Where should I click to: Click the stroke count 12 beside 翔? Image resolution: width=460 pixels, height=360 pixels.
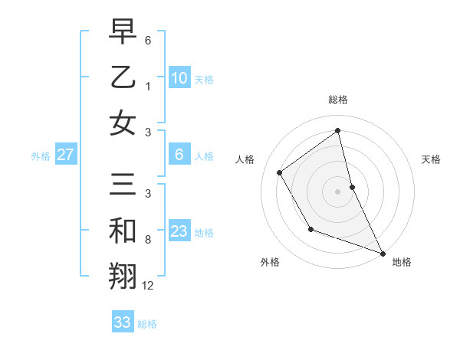tap(148, 286)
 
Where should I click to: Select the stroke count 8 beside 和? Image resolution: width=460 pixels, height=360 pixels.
tap(148, 240)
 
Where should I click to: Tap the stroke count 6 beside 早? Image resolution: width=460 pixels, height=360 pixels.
tap(148, 40)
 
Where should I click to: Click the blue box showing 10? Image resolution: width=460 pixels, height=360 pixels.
tap(179, 77)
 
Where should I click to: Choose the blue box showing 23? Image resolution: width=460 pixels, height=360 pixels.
tap(179, 231)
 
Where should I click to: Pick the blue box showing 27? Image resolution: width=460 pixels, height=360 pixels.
tap(65, 155)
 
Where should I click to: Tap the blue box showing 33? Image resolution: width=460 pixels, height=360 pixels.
tap(122, 322)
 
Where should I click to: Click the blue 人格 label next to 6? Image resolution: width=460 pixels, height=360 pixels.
tap(204, 156)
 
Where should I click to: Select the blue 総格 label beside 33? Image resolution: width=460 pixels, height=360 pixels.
tap(147, 324)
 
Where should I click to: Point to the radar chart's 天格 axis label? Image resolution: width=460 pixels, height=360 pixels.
tap(431, 159)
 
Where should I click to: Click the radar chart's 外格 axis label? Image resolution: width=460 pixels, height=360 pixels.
tap(270, 263)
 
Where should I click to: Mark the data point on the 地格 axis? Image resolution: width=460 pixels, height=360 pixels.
tap(383, 254)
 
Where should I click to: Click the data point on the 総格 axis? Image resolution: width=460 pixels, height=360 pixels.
tap(338, 130)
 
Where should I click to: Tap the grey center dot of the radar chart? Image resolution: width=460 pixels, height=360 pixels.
tap(338, 191)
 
